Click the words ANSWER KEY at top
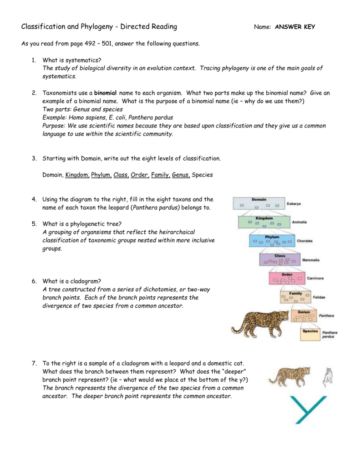(x=295, y=27)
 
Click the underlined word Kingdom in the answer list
(x=76, y=175)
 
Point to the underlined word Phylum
(x=101, y=175)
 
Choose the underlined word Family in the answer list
(x=160, y=175)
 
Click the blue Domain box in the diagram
(x=259, y=203)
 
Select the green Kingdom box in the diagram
(x=264, y=222)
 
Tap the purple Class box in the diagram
(x=279, y=259)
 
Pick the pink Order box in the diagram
(x=287, y=278)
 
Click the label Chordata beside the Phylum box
(x=305, y=241)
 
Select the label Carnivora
(x=315, y=278)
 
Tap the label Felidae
(x=319, y=297)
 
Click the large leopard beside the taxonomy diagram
(x=259, y=322)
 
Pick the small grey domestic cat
(x=327, y=377)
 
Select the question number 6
(x=34, y=281)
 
